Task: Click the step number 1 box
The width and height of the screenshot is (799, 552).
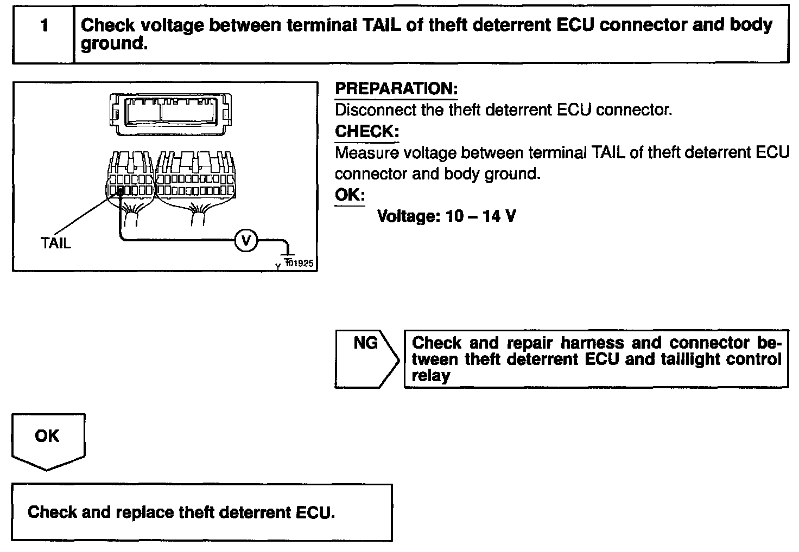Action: pos(43,34)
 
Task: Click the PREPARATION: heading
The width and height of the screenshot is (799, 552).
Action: pos(396,89)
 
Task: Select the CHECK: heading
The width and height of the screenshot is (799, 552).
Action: pos(367,131)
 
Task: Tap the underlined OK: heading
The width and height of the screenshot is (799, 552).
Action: pos(350,195)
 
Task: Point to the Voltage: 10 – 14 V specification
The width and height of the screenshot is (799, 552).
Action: pos(446,216)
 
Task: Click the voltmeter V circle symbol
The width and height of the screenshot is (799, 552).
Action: pos(246,240)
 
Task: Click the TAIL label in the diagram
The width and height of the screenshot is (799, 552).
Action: pos(56,243)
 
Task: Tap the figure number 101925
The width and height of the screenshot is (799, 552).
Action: pos(300,264)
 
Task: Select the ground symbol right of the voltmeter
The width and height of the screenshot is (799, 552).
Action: pos(288,251)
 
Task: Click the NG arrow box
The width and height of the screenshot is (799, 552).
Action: pos(367,358)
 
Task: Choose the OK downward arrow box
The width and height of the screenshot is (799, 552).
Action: pos(48,440)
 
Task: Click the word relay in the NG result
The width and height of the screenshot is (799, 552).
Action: pos(430,376)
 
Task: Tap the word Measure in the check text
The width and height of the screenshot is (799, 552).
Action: pos(367,153)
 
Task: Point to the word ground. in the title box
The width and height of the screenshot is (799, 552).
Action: pos(114,44)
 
